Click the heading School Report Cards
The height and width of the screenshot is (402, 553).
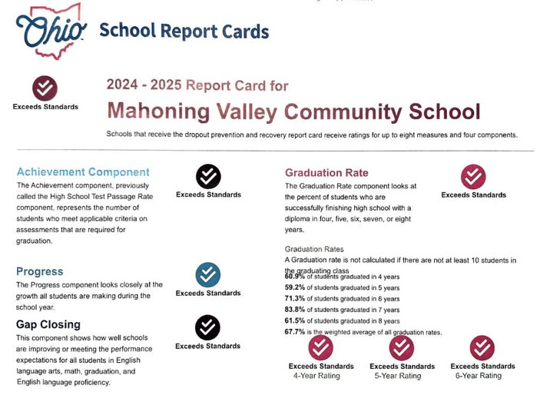click(184, 31)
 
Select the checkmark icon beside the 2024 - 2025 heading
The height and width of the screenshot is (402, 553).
click(45, 88)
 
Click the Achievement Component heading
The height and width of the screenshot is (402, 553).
click(83, 171)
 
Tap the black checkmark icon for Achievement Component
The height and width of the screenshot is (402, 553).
click(208, 177)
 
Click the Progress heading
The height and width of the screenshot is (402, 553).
click(40, 271)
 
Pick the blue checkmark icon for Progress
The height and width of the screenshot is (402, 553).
click(208, 275)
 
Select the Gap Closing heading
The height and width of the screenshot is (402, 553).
click(48, 324)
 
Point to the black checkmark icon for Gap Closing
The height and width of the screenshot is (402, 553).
click(208, 328)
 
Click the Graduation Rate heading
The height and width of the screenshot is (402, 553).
click(326, 172)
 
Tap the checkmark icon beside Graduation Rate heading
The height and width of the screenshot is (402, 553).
click(473, 177)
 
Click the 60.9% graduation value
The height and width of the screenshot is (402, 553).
click(296, 276)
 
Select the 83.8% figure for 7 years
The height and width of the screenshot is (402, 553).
click(296, 310)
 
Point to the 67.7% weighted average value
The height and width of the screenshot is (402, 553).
click(296, 332)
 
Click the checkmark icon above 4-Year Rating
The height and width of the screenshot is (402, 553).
click(320, 348)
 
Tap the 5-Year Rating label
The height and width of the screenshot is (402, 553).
click(401, 376)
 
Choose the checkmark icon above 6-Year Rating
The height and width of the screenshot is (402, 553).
click(482, 348)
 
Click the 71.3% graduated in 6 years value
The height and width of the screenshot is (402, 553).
click(296, 298)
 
